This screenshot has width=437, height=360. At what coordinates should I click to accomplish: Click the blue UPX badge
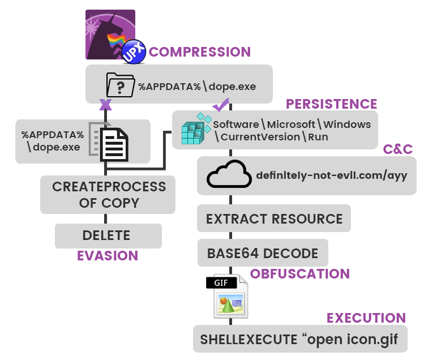pyautogui.click(x=134, y=52)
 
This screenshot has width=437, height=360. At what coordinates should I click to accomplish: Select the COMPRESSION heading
pyautogui.click(x=200, y=52)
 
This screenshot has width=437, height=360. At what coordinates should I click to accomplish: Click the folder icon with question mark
pyautogui.click(x=120, y=85)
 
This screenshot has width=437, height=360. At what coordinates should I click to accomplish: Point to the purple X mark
pyautogui.click(x=105, y=105)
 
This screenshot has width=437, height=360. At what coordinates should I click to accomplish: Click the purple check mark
pyautogui.click(x=220, y=104)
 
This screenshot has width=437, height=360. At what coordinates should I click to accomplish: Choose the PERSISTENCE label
pyautogui.click(x=331, y=104)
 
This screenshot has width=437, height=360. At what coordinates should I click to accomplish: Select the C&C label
pyautogui.click(x=398, y=149)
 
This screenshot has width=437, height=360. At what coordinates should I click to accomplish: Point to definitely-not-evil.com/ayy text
pyautogui.click(x=331, y=175)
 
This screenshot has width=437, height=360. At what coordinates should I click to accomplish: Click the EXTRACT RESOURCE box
pyautogui.click(x=274, y=219)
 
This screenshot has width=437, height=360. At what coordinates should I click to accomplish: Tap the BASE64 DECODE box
pyautogui.click(x=263, y=253)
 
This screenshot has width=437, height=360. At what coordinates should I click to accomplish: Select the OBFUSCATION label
pyautogui.click(x=300, y=274)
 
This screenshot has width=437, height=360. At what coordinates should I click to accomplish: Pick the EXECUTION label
pyautogui.click(x=366, y=318)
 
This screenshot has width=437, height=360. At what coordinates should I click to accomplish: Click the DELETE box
pyautogui.click(x=108, y=235)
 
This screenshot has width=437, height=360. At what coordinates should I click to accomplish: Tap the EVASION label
pyautogui.click(x=108, y=256)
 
